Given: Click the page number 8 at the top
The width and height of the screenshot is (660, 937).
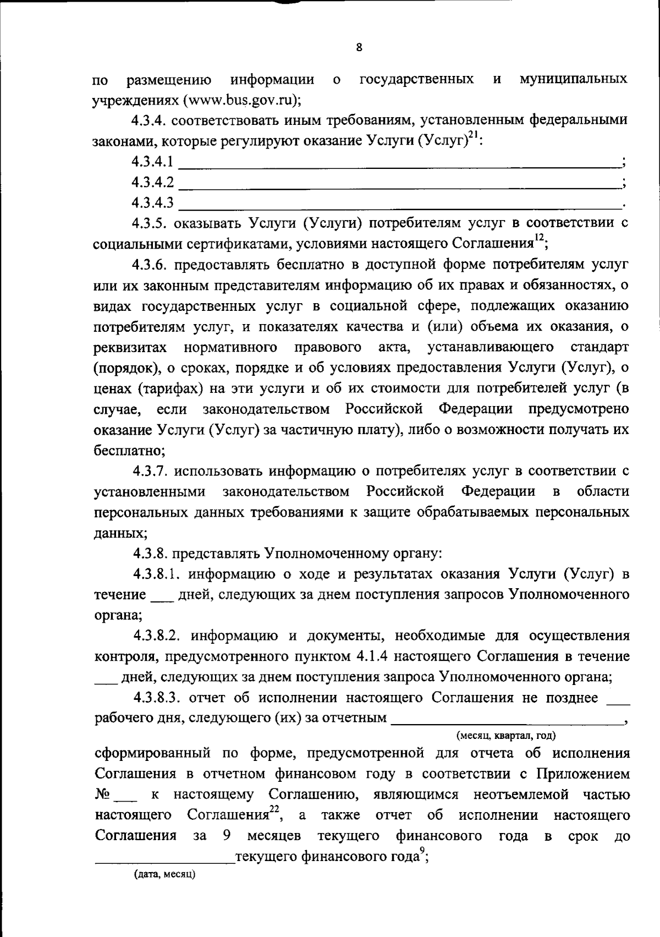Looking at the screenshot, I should (x=359, y=48).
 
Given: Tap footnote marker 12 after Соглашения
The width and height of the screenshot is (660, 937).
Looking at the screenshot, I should (x=540, y=238).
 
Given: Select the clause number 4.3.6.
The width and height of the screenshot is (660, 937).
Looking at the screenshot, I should (x=152, y=264).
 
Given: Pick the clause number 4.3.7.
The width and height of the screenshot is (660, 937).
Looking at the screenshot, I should (x=152, y=471).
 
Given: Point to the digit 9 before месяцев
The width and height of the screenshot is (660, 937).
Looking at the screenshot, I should (x=227, y=836).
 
